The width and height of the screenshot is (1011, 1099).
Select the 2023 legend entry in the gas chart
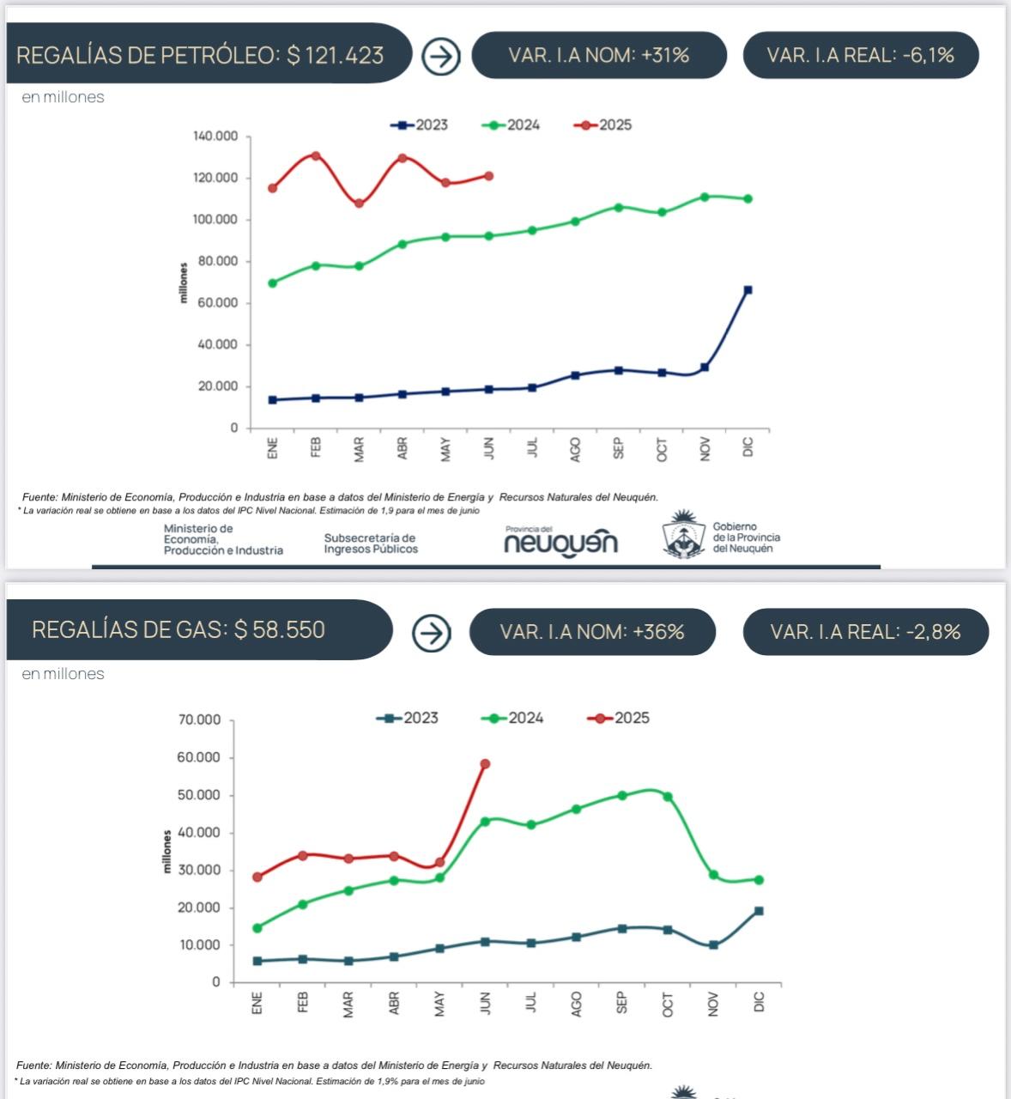point(408,718)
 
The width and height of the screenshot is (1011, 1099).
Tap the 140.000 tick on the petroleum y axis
point(215,137)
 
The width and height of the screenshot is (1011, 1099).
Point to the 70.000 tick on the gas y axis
point(199,720)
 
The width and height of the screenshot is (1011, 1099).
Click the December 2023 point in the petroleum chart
point(748,290)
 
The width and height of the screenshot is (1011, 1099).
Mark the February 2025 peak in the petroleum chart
point(316,156)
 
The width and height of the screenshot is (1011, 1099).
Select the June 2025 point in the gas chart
point(485,764)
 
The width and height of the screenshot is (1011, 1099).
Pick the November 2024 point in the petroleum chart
point(705,197)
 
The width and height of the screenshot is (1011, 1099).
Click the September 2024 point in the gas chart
point(622,796)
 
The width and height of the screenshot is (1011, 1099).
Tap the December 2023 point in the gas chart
point(759,911)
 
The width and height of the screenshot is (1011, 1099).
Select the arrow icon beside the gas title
point(431,633)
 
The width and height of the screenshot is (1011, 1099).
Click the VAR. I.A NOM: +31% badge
point(599,55)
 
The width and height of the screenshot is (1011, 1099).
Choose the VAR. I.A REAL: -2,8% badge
point(865,632)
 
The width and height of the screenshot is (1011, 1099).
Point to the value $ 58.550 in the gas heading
point(280,629)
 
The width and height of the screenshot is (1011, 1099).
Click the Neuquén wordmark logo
point(560,542)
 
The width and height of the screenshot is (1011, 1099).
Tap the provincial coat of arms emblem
point(683,535)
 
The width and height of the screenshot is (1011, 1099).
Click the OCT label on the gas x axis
point(668,1005)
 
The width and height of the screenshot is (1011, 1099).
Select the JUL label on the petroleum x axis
point(532,447)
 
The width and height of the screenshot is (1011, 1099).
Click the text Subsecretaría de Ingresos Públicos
point(371,543)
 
